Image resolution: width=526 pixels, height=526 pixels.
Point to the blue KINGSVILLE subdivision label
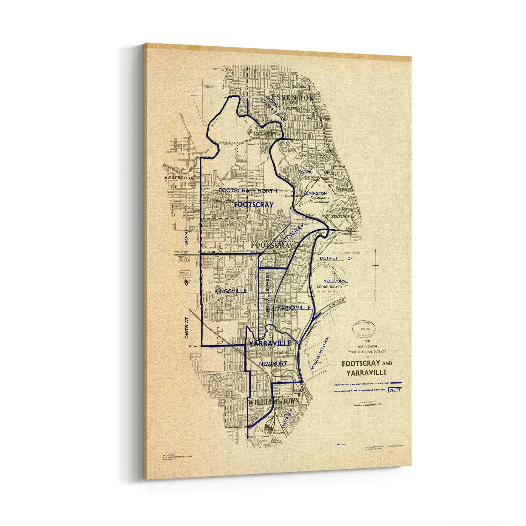[x=231, y=291]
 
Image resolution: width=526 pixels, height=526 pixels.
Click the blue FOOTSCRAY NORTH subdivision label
[x=247, y=191]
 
